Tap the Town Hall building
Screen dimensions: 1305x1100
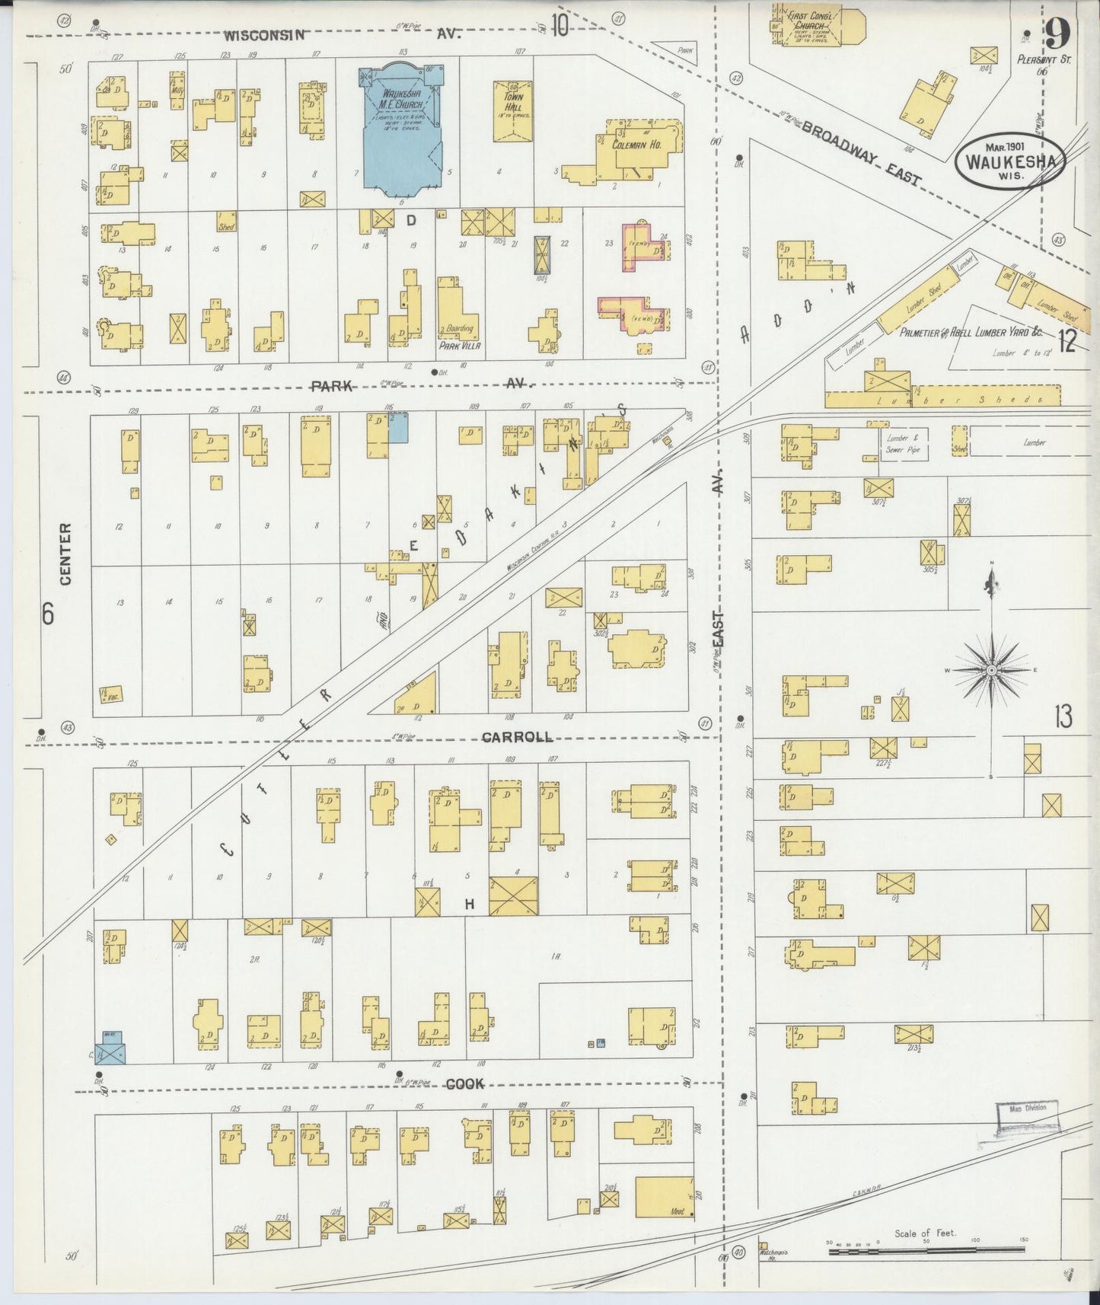[512, 112]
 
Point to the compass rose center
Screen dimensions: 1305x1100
[991, 670]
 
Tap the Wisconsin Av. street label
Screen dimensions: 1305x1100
[266, 35]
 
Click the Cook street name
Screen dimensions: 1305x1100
[464, 1084]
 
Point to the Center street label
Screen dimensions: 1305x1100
[65, 554]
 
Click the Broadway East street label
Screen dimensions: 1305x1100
[862, 154]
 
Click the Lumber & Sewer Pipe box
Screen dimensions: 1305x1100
[903, 444]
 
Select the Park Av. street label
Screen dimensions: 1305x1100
[333, 386]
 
